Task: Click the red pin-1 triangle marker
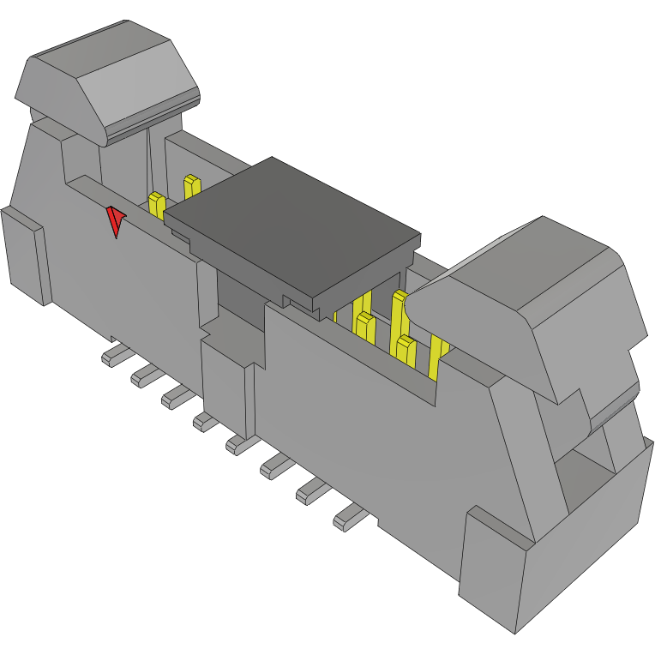(114, 221)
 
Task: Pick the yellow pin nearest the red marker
(157, 205)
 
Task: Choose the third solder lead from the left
(177, 395)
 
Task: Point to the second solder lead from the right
(314, 491)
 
